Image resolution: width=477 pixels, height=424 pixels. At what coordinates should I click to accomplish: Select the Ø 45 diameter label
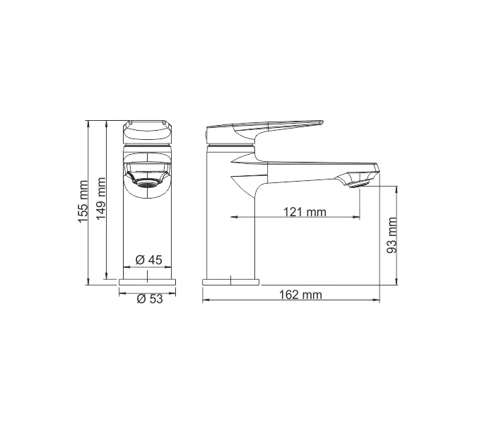[x=148, y=260]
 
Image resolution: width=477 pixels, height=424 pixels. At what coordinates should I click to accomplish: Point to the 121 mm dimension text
[x=305, y=211]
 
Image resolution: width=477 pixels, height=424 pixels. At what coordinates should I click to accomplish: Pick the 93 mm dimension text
[x=392, y=235]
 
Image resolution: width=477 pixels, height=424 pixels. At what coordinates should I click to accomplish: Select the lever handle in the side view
[x=269, y=129]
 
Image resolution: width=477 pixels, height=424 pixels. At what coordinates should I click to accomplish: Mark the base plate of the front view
[x=148, y=282]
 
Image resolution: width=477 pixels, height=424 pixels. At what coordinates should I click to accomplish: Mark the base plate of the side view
[x=230, y=282]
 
